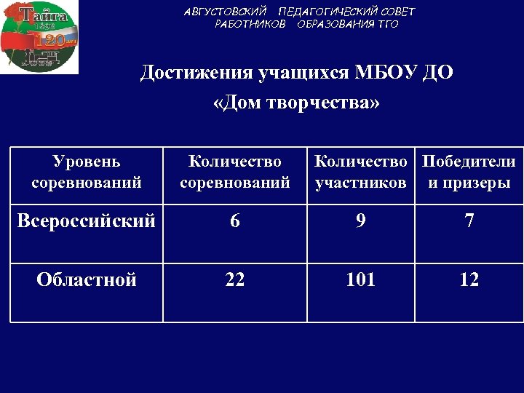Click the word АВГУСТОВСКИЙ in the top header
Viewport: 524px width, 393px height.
(225, 12)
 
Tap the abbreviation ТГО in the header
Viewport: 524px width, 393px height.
(387, 24)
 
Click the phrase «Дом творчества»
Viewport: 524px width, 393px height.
(297, 103)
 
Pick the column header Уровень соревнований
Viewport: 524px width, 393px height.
(87, 172)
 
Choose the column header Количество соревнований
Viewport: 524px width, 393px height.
(234, 172)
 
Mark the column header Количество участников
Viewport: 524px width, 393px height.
(361, 172)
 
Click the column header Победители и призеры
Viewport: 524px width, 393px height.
(469, 172)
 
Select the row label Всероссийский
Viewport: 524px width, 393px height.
(87, 221)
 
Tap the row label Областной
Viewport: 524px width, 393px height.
(87, 279)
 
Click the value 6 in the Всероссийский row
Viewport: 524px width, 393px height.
(234, 221)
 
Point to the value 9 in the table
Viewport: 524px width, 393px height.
(361, 221)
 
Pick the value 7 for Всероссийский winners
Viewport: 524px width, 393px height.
(469, 221)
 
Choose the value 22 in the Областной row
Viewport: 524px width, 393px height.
(234, 279)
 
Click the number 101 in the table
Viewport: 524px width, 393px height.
(361, 279)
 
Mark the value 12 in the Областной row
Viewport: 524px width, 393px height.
(469, 279)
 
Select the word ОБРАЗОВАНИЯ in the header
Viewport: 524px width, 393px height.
(336, 24)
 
